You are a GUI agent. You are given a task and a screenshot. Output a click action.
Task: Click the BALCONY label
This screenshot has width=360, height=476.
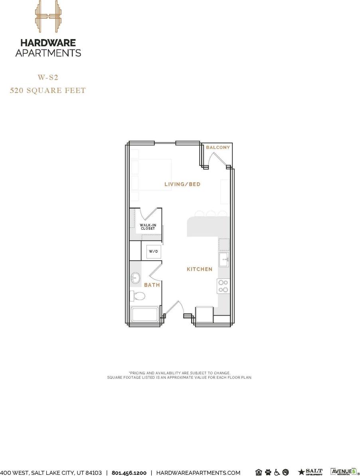tap(218, 147)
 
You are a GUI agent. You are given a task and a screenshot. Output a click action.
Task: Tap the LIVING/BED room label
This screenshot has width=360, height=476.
tap(182, 184)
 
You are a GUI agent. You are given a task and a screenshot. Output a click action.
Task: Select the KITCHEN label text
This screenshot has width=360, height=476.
tap(200, 269)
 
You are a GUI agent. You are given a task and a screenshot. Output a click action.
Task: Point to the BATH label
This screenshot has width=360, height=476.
tap(152, 285)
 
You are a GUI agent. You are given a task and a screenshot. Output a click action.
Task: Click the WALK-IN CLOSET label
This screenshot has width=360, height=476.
tap(148, 227)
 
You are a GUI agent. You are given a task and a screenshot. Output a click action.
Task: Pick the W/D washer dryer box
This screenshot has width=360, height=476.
tap(153, 252)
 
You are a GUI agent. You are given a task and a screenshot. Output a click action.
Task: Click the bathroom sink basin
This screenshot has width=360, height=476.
tap(136, 278)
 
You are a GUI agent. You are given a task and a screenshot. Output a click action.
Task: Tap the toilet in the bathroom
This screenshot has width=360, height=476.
tap(138, 296)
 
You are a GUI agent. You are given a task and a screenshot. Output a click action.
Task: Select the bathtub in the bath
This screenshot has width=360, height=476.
tap(146, 314)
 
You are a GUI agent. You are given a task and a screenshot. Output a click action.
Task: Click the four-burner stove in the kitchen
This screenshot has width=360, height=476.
tap(223, 286)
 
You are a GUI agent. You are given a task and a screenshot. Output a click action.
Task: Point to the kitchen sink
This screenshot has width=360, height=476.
tap(224, 259)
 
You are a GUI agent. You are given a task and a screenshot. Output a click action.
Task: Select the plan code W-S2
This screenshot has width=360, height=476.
tap(48, 77)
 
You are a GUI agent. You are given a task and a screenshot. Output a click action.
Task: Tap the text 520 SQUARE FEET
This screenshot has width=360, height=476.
tap(48, 91)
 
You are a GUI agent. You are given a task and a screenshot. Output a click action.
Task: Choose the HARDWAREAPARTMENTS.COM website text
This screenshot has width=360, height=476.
tap(198, 472)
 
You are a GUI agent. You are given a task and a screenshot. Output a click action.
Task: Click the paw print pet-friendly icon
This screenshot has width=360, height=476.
tap(268, 472)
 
